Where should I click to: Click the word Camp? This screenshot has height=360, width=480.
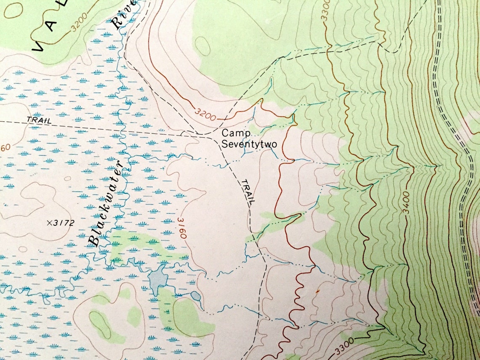(x=236, y=134)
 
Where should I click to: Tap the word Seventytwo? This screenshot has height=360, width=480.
(x=249, y=144)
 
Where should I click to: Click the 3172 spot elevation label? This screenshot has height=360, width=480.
(x=63, y=223)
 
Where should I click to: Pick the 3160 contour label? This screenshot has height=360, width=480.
(x=181, y=228)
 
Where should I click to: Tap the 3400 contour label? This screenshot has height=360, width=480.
(x=406, y=203)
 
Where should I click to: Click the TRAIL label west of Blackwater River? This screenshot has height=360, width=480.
(x=39, y=120)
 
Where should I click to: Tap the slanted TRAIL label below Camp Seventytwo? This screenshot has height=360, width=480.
(x=248, y=192)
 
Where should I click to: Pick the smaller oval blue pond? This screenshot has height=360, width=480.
(x=196, y=296)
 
